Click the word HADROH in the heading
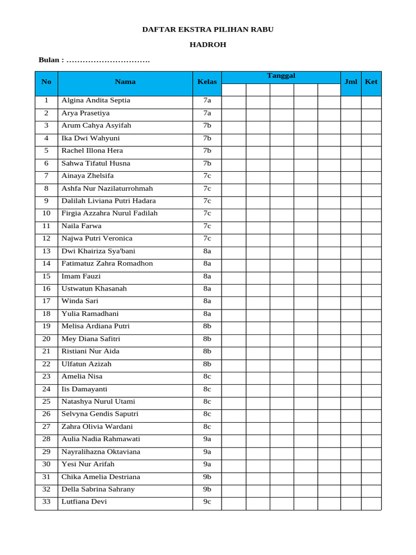[207, 45]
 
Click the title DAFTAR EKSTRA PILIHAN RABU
[207, 29]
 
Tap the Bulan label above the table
[51, 60]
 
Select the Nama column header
[125, 82]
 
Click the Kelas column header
[207, 82]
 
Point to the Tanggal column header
[281, 76]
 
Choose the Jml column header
[350, 82]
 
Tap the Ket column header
[371, 82]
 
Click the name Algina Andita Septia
[96, 100]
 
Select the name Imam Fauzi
[81, 276]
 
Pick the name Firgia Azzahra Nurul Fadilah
[109, 213]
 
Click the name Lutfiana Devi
[84, 501]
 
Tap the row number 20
[46, 339]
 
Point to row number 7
[46, 176]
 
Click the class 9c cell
[207, 501]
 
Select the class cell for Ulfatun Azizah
[207, 364]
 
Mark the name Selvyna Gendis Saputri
[100, 414]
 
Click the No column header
[46, 82]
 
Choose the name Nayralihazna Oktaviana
[101, 451]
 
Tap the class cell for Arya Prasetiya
[207, 113]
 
